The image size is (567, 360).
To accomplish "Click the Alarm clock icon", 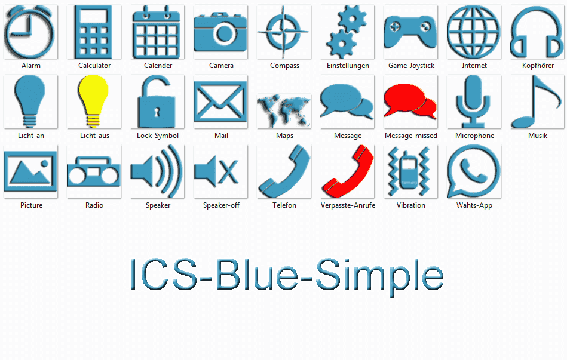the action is click(x=30, y=32).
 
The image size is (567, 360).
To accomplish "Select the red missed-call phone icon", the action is click(x=348, y=171).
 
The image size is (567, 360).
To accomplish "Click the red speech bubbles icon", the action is click(x=410, y=101).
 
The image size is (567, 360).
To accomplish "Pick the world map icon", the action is click(x=284, y=110).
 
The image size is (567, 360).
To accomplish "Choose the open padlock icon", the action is click(x=157, y=101).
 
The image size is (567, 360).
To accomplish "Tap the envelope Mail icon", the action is click(x=220, y=101).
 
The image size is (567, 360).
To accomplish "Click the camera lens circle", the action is click(x=225, y=33).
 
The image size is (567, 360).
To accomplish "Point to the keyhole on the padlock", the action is click(x=157, y=112).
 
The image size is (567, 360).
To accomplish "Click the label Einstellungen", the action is click(x=348, y=66).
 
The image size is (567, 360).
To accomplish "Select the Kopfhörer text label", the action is click(x=538, y=66).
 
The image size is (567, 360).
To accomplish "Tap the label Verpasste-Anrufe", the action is click(x=348, y=205).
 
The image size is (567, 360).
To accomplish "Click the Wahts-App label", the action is click(x=474, y=205).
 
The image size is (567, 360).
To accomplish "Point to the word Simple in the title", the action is click(x=379, y=275).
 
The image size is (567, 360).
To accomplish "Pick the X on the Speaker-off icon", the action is click(x=229, y=172).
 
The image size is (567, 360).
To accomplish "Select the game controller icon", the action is click(x=410, y=32).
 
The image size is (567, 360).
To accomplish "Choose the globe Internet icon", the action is click(x=474, y=32).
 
